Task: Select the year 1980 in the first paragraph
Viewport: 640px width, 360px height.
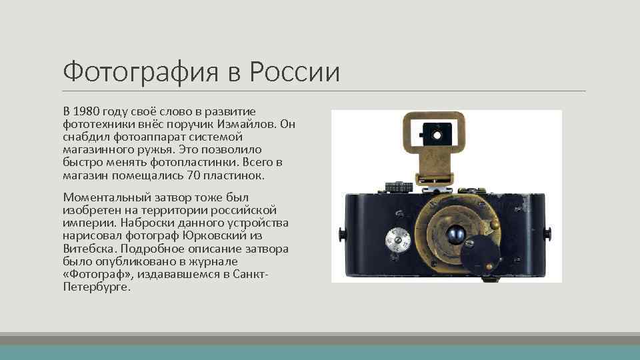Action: point(87,110)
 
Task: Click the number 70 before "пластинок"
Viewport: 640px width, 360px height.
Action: point(194,176)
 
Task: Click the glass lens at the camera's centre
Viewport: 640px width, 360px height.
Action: point(456,235)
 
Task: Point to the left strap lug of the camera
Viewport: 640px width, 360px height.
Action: point(341,234)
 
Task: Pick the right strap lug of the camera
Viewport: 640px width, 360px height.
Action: point(549,234)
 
